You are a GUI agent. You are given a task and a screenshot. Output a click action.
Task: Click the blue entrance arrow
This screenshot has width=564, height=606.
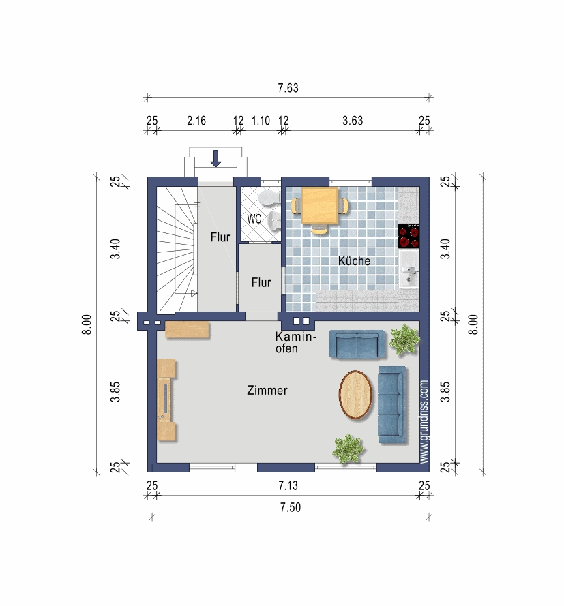coord(216,158)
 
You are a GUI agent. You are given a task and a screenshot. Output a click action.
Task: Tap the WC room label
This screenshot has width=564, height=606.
coord(254,219)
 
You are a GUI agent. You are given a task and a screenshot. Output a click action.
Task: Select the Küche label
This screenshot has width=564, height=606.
coord(354,261)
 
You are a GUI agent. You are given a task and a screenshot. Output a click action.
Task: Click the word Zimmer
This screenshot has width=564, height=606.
coord(267,391)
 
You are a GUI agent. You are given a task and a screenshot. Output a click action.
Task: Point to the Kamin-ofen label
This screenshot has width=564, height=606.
coord(296,342)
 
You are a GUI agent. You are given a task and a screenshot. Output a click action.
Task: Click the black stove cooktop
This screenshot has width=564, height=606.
coord(409,236)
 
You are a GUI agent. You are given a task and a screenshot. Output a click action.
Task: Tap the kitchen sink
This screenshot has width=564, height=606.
coord(409,269)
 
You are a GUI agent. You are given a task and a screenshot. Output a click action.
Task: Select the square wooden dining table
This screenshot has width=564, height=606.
coord(320,206)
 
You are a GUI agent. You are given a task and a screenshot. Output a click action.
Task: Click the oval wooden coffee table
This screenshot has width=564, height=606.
coord(355,395)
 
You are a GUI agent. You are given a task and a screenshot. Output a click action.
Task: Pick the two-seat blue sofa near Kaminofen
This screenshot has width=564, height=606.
coord(357,344)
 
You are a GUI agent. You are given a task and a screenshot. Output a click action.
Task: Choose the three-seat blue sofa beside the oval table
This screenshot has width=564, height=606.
coord(392,405)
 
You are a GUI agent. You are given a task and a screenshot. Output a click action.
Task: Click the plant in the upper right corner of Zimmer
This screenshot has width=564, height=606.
coord(404,339)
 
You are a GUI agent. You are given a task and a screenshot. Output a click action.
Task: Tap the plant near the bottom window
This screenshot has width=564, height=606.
coord(348,449)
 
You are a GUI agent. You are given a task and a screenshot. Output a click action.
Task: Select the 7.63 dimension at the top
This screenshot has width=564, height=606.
coord(288,88)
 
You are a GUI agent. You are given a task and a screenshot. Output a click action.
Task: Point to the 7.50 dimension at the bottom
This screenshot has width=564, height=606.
coord(291,507)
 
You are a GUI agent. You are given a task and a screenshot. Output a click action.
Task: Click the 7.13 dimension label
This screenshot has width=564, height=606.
coord(288,485)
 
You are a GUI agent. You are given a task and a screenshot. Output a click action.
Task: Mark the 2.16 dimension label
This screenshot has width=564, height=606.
coord(196,121)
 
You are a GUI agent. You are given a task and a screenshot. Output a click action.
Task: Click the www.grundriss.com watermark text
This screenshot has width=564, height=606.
coord(424,422)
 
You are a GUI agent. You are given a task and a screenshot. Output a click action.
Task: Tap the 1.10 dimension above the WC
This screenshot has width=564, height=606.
coord(261,121)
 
